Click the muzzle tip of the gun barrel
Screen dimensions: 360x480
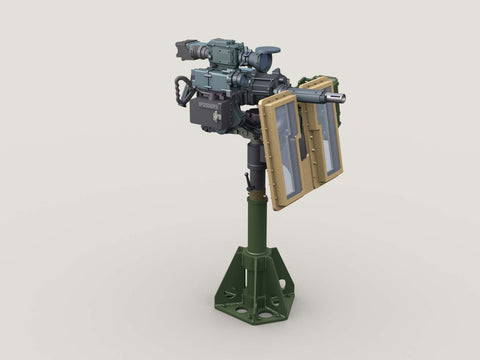click(341, 98)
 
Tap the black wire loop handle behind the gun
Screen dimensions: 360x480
click(182, 91)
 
